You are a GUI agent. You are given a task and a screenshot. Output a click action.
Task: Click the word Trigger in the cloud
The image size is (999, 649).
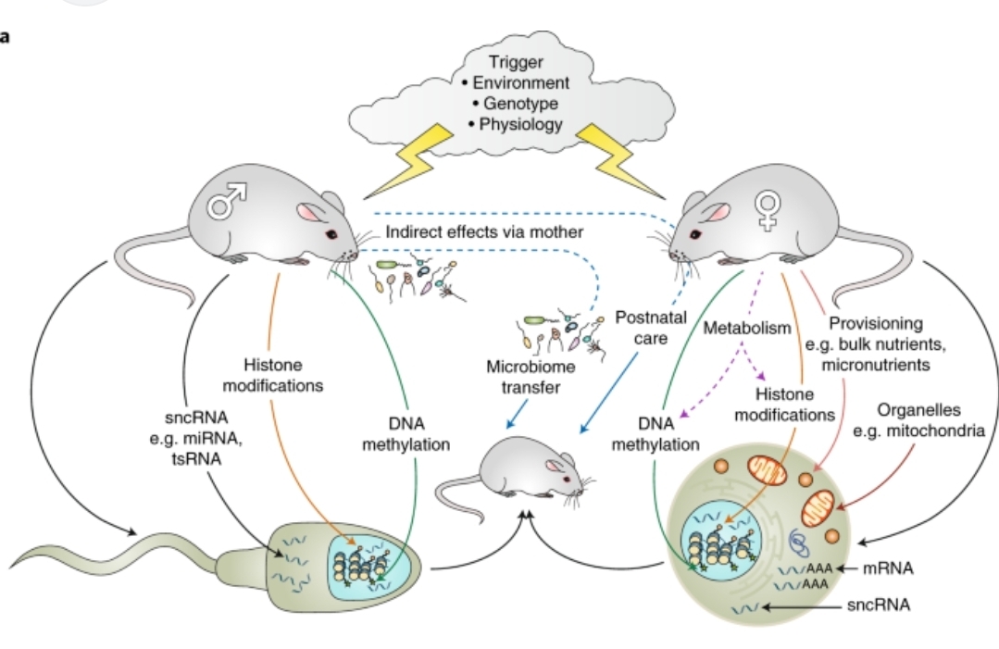[x=516, y=62]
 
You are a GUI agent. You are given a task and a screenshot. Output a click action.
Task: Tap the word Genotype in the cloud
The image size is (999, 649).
[x=520, y=103]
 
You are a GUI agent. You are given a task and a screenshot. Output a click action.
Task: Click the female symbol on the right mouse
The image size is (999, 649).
[x=768, y=209]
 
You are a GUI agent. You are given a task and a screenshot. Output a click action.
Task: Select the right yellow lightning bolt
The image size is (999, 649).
[x=621, y=159]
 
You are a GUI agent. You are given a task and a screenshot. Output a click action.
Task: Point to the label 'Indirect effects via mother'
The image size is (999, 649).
[x=484, y=231]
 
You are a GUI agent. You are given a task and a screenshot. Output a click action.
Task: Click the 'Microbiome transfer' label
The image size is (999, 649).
[x=531, y=377]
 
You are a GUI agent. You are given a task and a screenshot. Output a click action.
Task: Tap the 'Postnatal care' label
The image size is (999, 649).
[x=651, y=328]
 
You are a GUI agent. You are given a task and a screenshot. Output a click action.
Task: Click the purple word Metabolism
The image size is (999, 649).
[x=746, y=328]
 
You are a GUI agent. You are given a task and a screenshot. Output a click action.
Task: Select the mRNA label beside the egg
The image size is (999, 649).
[x=888, y=568]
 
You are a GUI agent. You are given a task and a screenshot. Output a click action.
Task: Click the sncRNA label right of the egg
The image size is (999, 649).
[x=879, y=605]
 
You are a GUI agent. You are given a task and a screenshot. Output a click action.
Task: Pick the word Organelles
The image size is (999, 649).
[x=918, y=410]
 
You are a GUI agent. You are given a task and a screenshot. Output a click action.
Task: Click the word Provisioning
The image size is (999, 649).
[x=876, y=323]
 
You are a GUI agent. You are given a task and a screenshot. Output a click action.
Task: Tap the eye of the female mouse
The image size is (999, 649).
[x=695, y=234]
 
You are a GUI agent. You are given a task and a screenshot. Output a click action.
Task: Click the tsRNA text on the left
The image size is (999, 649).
[x=196, y=459]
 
